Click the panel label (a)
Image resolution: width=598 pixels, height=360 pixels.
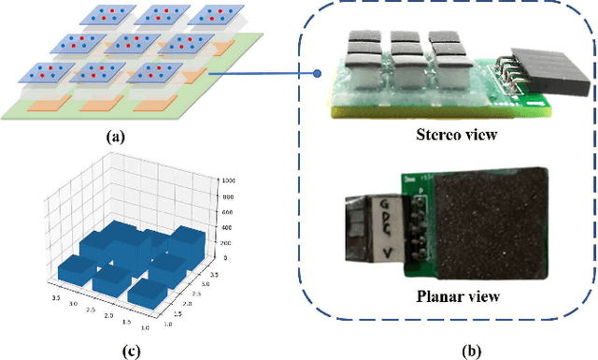pyautogui.click(x=115, y=137)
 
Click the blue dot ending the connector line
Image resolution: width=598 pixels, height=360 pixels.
pyautogui.click(x=318, y=73)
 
